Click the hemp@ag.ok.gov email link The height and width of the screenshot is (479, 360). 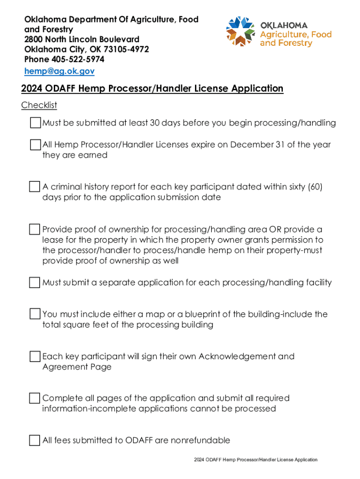pos(59,71)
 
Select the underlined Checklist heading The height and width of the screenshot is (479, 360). pos(39,105)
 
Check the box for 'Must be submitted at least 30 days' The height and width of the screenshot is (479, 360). pos(35,123)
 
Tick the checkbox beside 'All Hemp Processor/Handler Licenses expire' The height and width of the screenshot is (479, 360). pos(35,145)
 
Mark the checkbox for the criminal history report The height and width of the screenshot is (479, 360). pos(35,187)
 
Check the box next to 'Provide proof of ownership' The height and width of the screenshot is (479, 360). pos(35,229)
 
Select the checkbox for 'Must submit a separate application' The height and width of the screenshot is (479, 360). pos(35,283)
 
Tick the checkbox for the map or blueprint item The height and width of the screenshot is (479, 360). pos(35,314)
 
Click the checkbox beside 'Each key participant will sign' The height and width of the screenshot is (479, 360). pos(35,356)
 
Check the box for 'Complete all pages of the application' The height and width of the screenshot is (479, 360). pos(35,398)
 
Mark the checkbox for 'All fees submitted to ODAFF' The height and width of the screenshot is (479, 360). pos(35,440)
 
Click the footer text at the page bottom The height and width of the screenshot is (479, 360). pos(256,460)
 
